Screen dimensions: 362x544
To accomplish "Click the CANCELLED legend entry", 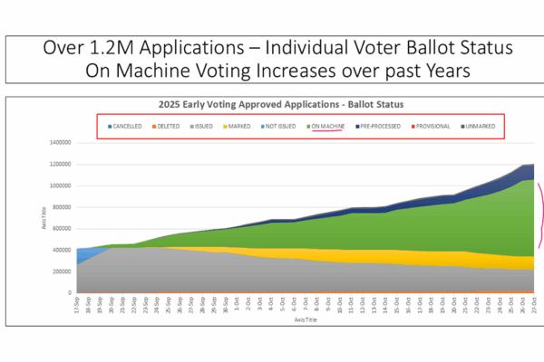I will pos(126,127).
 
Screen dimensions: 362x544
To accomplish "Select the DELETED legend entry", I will pos(168,127).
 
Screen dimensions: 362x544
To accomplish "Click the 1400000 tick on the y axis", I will pos(62,143).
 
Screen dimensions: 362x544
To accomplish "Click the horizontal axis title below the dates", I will pos(307,319).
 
